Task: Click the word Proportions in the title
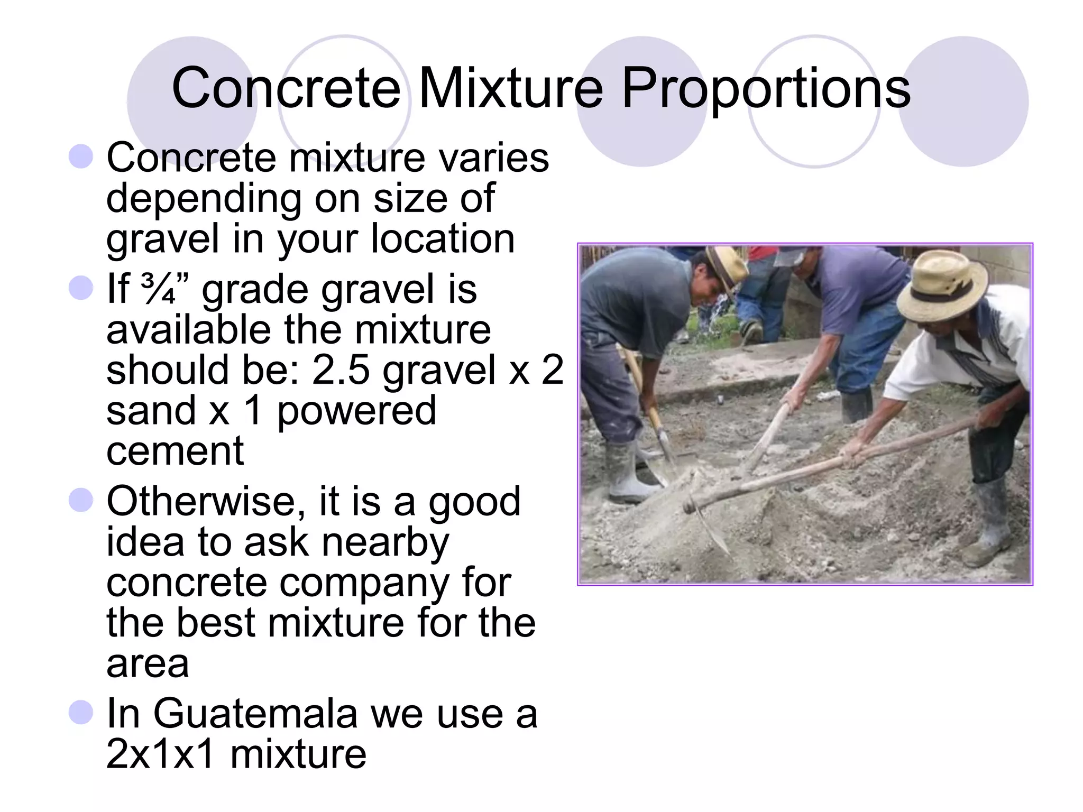point(766,89)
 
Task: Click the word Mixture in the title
point(511,88)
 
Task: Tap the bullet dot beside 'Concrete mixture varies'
point(81,156)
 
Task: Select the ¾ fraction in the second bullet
point(158,290)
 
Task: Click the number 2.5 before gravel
point(341,370)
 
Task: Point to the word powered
point(356,411)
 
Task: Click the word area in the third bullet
point(148,665)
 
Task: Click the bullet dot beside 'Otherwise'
point(81,500)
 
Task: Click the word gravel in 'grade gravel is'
point(377,290)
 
